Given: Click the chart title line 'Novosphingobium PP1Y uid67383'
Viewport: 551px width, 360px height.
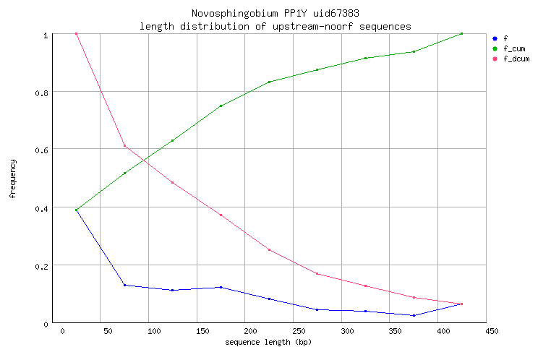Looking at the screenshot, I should click(275, 14).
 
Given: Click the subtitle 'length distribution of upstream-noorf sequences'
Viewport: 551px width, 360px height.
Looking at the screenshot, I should click(275, 26).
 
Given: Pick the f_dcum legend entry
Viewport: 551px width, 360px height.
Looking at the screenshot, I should click(516, 59).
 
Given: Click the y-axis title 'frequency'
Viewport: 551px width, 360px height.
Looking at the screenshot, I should click(13, 179).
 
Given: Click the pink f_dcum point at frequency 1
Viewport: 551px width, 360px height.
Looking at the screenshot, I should click(76, 33).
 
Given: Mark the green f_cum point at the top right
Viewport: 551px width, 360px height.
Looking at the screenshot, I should click(461, 33).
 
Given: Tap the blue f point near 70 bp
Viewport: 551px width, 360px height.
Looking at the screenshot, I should click(124, 285).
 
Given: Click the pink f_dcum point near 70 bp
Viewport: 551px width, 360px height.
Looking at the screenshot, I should click(124, 146).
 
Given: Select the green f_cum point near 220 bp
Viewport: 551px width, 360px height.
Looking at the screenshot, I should click(269, 82).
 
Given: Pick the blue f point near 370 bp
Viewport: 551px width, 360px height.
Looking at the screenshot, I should click(414, 315).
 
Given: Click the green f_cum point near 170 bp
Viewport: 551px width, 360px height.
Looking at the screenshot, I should click(221, 106).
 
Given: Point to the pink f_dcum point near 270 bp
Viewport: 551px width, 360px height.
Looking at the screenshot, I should click(317, 273).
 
